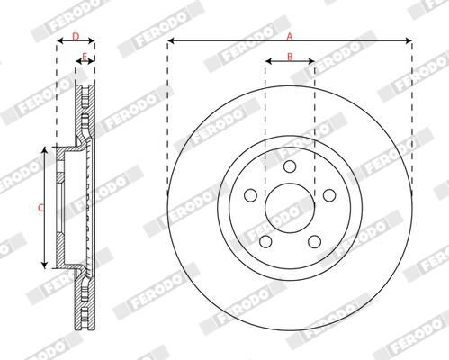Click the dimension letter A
click(x=289, y=36)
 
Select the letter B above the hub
click(x=290, y=57)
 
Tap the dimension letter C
click(x=39, y=208)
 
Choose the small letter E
click(x=84, y=58)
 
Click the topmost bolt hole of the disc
click(x=289, y=166)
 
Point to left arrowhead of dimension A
click(x=170, y=41)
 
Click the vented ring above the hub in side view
click(x=85, y=108)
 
